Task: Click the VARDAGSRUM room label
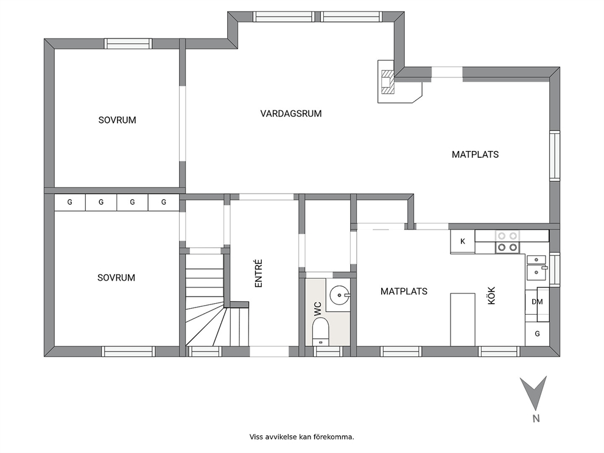click(291, 114)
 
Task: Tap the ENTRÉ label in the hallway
click(259, 273)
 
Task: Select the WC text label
click(317, 309)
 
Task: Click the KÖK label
click(491, 295)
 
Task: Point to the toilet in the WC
click(320, 331)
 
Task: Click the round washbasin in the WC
click(339, 295)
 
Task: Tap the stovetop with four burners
click(507, 242)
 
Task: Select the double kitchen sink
click(536, 268)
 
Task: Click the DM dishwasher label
click(538, 302)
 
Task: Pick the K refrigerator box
click(463, 242)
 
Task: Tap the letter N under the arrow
click(536, 418)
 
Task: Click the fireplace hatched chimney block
click(387, 82)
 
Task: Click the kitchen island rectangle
click(463, 319)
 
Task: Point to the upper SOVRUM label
click(117, 120)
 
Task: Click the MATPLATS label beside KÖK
click(404, 291)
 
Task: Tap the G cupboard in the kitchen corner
click(538, 334)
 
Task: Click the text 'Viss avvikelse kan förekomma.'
click(301, 437)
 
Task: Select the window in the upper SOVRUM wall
click(128, 43)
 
